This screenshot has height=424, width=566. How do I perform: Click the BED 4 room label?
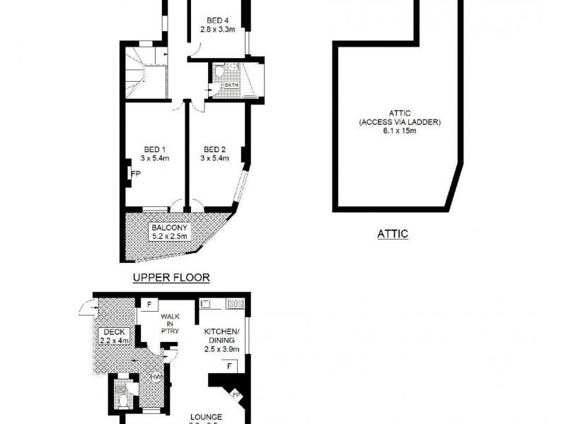(x=216, y=20)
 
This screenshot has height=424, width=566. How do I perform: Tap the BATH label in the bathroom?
(x=232, y=86)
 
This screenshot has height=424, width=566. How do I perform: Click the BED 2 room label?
(x=214, y=149)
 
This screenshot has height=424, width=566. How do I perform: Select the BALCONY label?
(x=168, y=228)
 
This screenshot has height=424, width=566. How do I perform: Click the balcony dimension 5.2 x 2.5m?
(x=168, y=237)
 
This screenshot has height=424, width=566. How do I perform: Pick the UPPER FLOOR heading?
(x=172, y=278)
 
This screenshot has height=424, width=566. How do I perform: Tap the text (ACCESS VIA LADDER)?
(x=399, y=122)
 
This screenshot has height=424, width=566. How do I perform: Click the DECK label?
(x=114, y=333)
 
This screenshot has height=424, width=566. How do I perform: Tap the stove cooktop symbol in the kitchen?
(x=236, y=305)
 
